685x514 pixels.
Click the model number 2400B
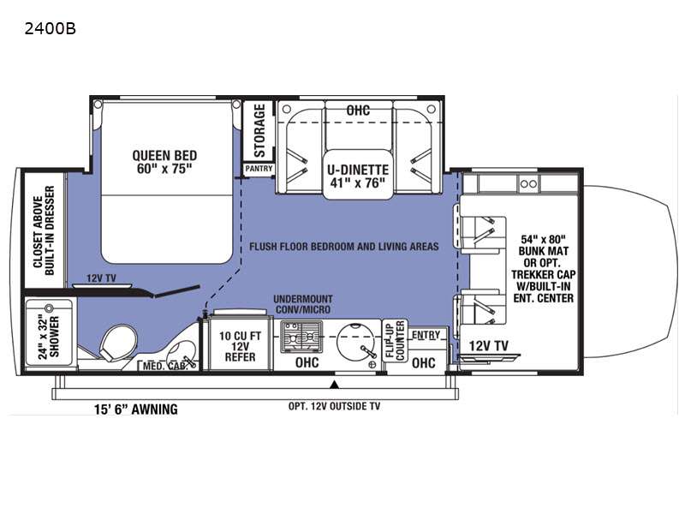click(51, 29)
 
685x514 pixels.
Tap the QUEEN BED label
click(164, 162)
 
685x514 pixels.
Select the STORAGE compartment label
click(259, 130)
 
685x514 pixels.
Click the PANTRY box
click(259, 169)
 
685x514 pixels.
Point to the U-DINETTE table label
click(358, 176)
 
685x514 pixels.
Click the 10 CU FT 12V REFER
click(240, 346)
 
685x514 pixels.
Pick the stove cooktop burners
click(301, 337)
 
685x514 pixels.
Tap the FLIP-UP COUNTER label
click(396, 341)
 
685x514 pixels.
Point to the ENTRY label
click(426, 335)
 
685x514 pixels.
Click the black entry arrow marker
click(335, 385)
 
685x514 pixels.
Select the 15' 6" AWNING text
click(136, 409)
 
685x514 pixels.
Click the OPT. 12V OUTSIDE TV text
click(334, 406)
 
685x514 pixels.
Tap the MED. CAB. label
click(165, 366)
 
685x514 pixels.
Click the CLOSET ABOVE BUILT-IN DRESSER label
click(44, 230)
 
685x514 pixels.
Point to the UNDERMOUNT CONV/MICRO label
click(303, 304)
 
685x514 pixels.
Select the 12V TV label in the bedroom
click(101, 278)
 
